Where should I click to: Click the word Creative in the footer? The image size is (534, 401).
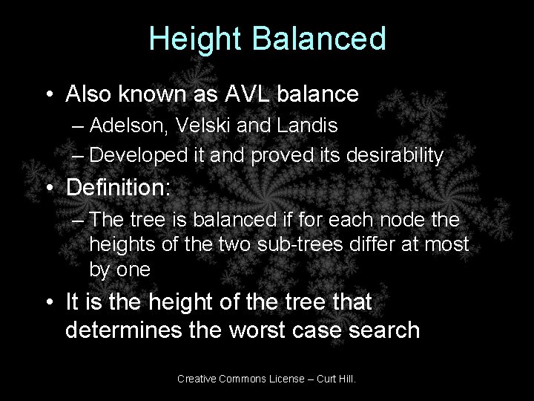198,379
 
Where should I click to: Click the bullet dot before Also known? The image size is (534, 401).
47,95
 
